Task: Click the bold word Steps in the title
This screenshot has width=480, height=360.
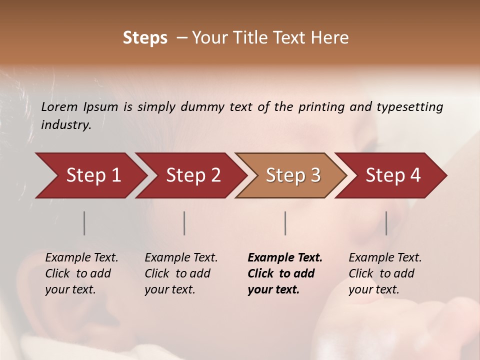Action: tap(145, 38)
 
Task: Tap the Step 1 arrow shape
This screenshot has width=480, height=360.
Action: tap(90, 175)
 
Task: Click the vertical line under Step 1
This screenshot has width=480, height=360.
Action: tap(84, 223)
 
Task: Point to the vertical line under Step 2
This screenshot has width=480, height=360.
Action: tap(184, 223)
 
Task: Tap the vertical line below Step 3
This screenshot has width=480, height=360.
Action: tap(285, 223)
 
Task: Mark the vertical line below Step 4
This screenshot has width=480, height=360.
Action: tap(386, 223)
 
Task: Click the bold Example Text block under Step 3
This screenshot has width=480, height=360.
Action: tap(284, 273)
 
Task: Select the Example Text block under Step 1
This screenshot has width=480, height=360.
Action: tap(81, 273)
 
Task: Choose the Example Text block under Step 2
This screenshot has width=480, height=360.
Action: tap(181, 273)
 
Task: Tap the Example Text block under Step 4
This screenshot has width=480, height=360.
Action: tap(385, 273)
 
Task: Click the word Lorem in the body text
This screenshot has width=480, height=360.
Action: tap(59, 107)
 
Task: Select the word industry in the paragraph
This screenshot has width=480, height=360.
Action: tap(65, 125)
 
